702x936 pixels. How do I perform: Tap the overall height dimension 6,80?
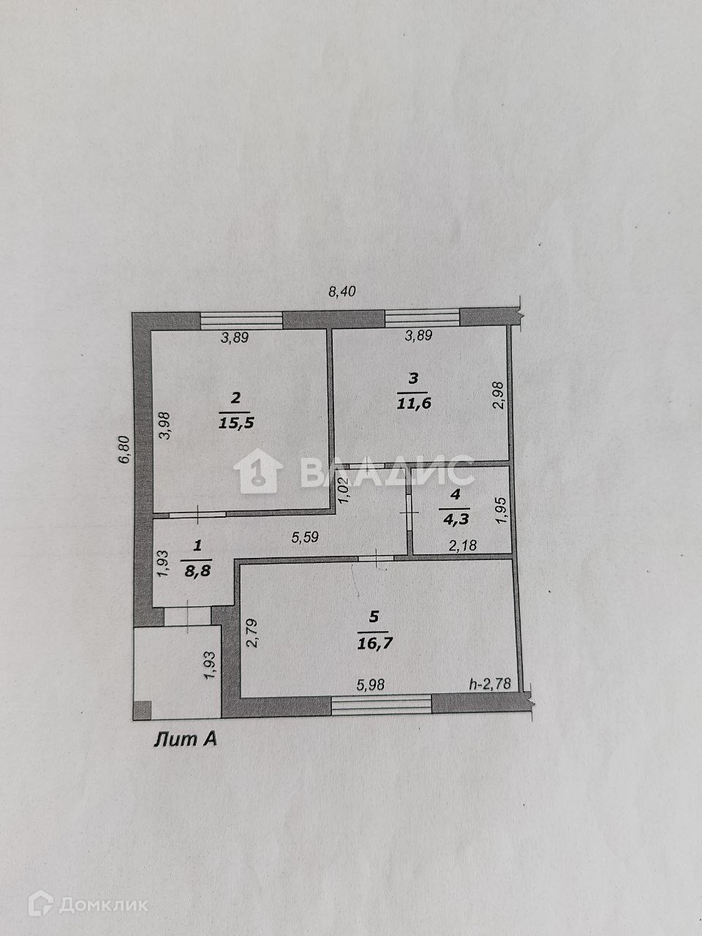(x=125, y=449)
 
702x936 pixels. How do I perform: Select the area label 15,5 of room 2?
(x=235, y=422)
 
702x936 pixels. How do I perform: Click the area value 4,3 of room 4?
(x=456, y=519)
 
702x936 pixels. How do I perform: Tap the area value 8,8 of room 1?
(x=197, y=572)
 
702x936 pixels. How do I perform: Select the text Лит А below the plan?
(x=186, y=740)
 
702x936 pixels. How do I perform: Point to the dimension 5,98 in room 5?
(x=371, y=684)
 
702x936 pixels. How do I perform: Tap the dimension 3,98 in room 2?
(x=165, y=426)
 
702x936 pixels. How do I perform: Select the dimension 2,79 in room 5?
(x=252, y=633)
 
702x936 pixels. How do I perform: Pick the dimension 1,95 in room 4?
(x=501, y=510)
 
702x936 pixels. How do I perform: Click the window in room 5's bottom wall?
(x=381, y=704)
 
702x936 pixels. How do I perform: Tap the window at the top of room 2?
(x=241, y=319)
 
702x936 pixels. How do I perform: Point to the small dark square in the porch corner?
(x=143, y=709)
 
